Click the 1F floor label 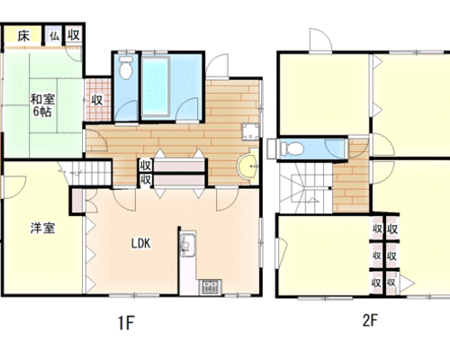(125, 323)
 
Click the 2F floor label (370, 320)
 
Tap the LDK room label (140, 243)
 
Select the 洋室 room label (42, 228)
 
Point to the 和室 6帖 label (42, 105)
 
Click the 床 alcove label (23, 36)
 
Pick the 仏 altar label (54, 36)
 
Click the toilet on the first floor (125, 67)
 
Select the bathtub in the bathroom (156, 86)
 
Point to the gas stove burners (211, 287)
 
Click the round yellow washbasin (247, 166)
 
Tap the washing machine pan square (250, 131)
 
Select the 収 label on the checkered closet (97, 100)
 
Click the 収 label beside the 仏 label (74, 35)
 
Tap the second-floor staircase (305, 188)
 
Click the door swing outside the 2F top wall (320, 40)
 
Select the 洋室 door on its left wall (13, 187)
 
